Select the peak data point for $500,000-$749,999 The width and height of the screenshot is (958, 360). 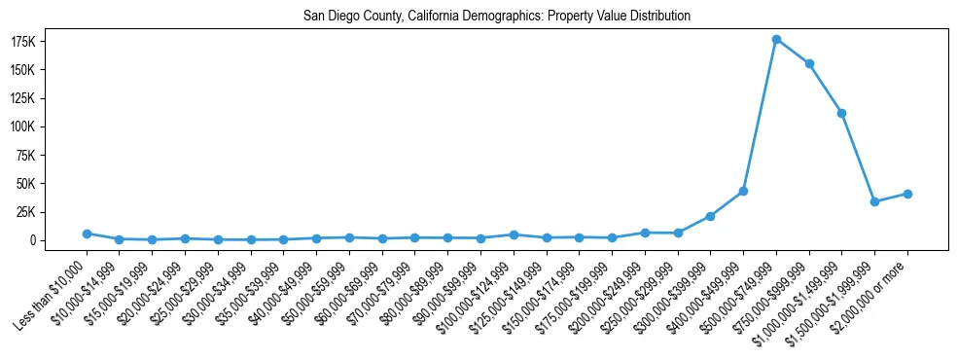click(x=776, y=39)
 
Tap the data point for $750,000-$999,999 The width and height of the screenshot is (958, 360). click(x=809, y=63)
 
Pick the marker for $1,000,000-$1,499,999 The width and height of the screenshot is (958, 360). click(x=842, y=113)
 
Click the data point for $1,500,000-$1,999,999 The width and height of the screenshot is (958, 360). click(x=874, y=201)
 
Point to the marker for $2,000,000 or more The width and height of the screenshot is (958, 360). click(x=907, y=194)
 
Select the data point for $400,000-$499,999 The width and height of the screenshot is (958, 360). click(x=743, y=191)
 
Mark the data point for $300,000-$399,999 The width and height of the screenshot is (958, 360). click(x=710, y=216)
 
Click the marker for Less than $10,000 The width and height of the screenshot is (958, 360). click(x=87, y=234)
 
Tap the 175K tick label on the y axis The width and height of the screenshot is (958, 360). click(x=51, y=42)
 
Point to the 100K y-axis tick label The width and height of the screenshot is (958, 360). click(x=51, y=126)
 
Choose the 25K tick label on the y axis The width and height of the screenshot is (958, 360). click(x=53, y=211)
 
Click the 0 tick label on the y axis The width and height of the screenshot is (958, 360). click(x=60, y=240)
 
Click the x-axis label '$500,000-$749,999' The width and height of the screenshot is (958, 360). click(x=741, y=291)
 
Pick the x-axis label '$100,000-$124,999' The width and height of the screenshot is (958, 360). click(x=478, y=291)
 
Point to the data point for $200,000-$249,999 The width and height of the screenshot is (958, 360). click(x=645, y=233)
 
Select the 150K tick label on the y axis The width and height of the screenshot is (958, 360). click(x=51, y=70)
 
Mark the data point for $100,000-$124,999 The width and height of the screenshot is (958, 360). click(x=514, y=234)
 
